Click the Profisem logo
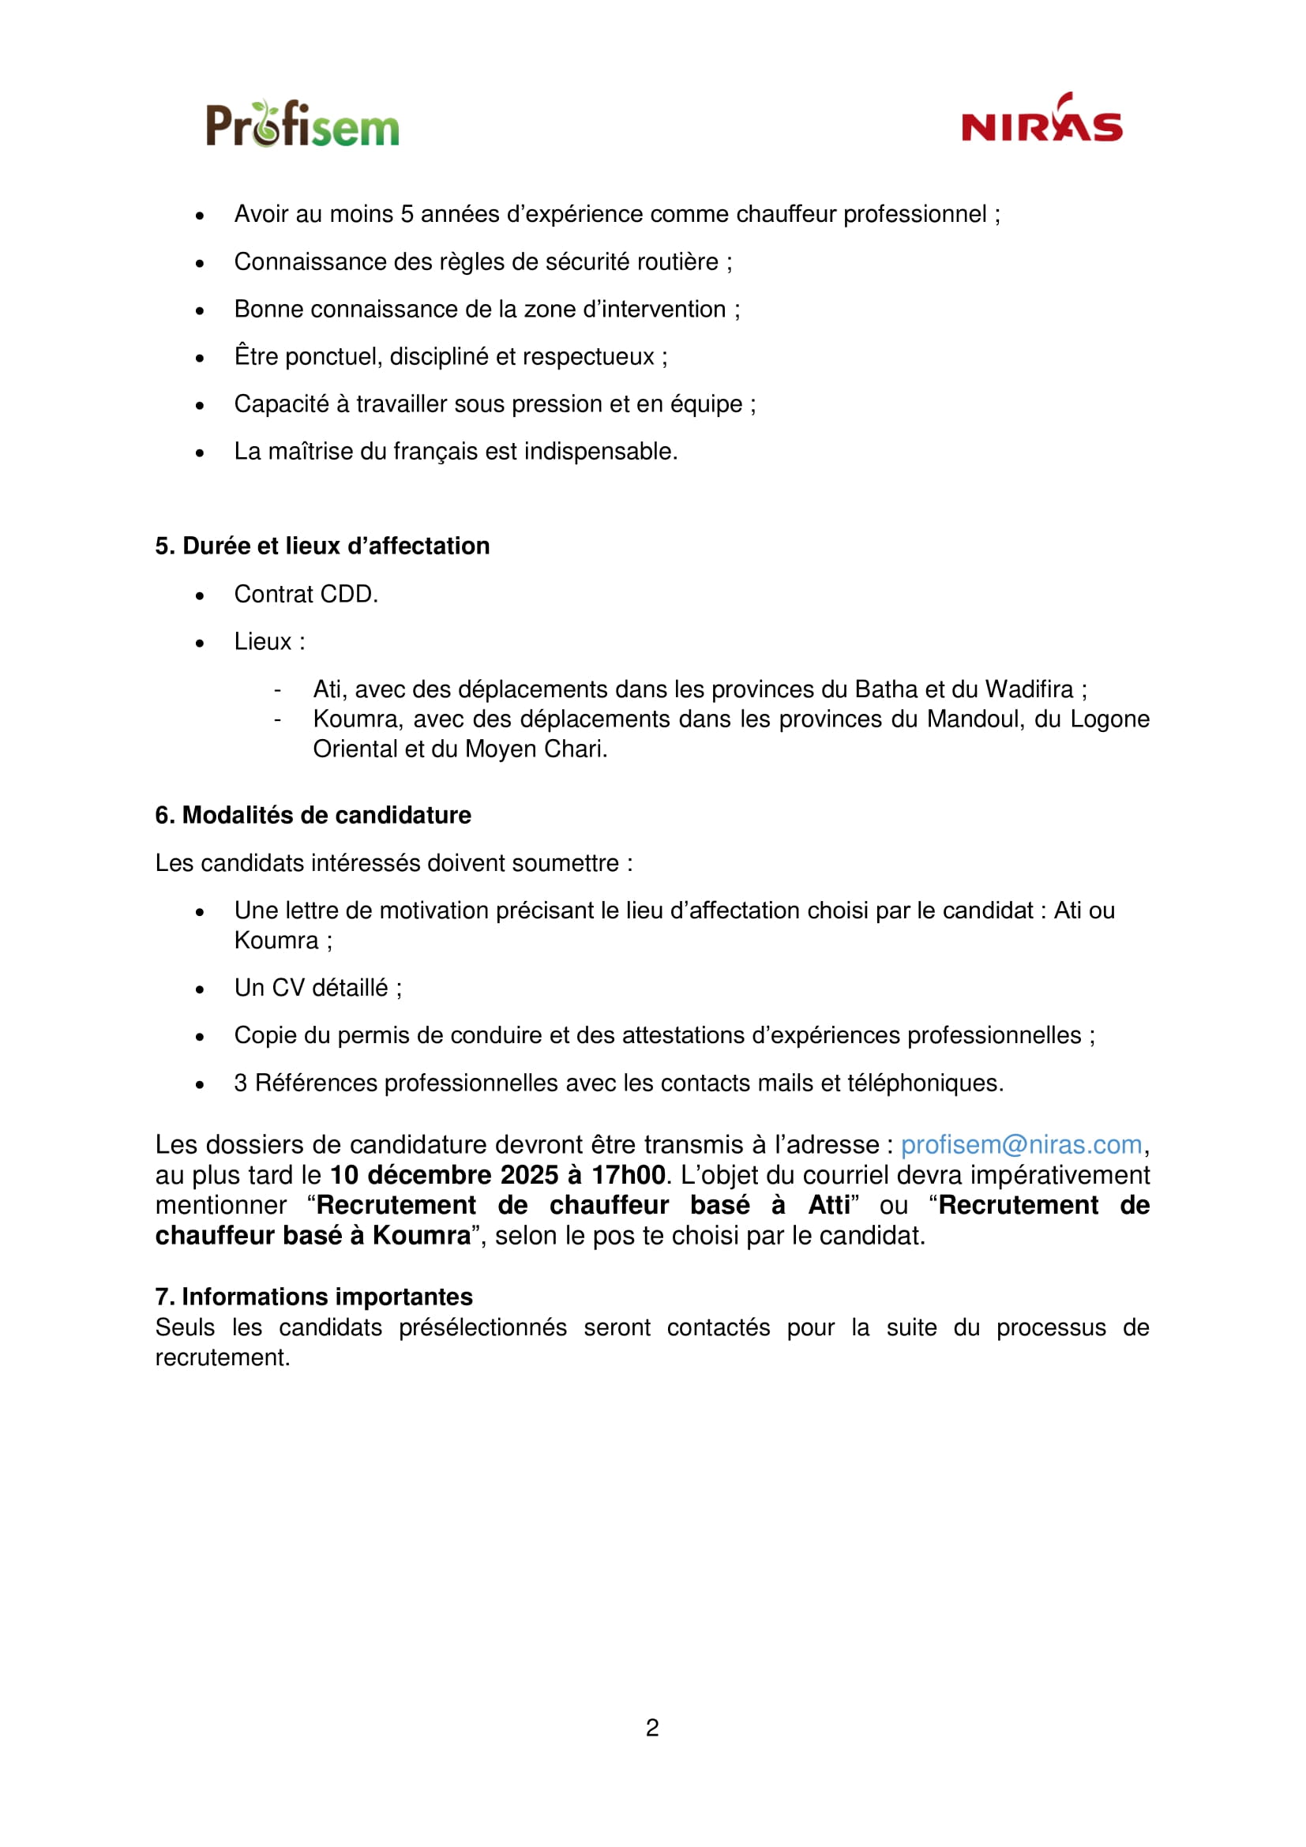pos(302,125)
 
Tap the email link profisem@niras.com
pos(1020,1145)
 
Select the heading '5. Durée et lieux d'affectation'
pos(322,546)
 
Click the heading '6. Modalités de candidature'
pos(313,815)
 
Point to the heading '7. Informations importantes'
pos(313,1297)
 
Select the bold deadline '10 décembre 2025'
pos(444,1175)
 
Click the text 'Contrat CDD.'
pos(306,595)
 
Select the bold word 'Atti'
pos(829,1205)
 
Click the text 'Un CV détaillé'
pos(311,988)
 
